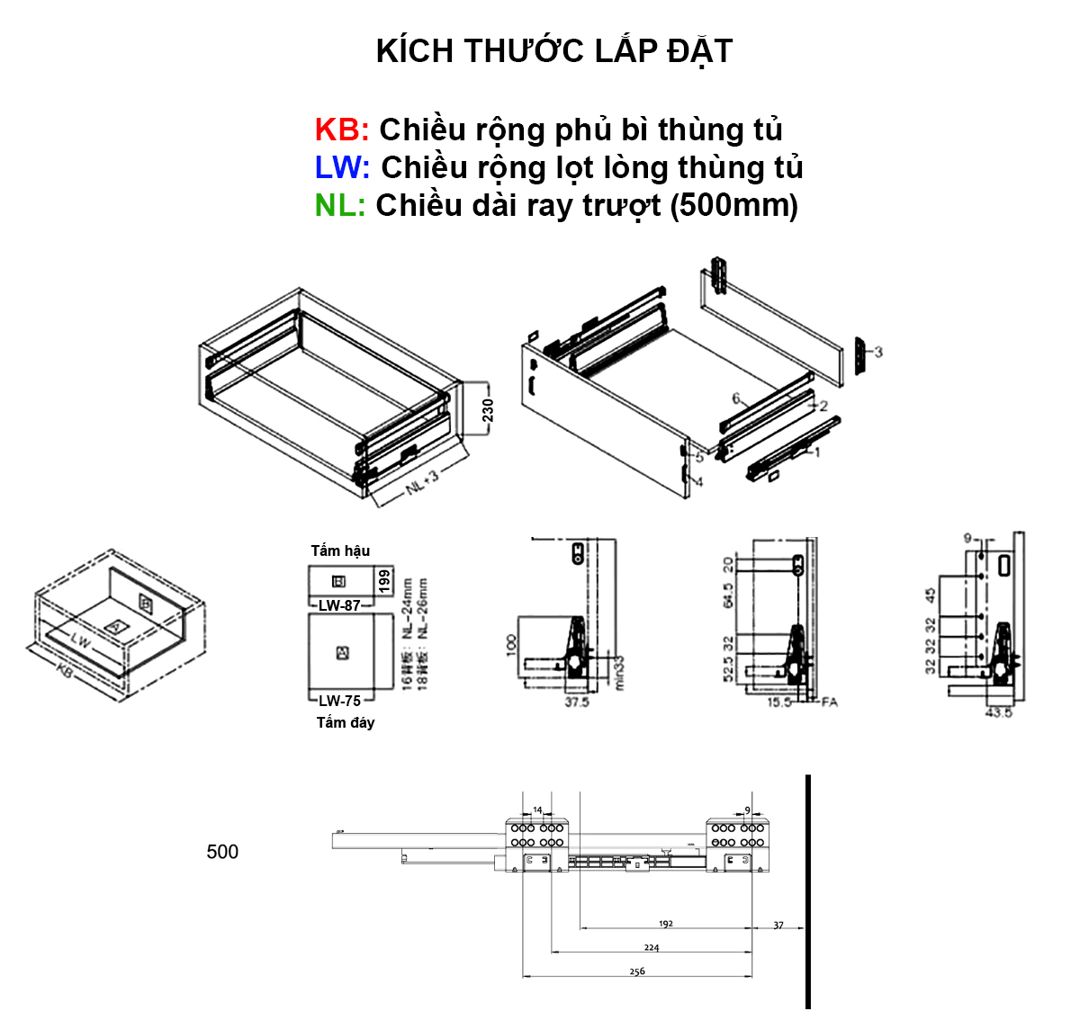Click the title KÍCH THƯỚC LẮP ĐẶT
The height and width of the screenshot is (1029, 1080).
click(553, 51)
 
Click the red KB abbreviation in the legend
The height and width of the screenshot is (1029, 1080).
click(341, 130)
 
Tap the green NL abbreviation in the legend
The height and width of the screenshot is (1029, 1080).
click(339, 205)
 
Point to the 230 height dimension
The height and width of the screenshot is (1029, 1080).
click(488, 410)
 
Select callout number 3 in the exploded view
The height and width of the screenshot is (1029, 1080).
click(878, 352)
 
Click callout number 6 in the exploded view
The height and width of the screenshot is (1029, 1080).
click(736, 398)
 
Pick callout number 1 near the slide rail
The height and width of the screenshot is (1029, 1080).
click(816, 452)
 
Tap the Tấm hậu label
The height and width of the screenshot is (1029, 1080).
click(340, 550)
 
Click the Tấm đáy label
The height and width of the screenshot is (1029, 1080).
click(345, 722)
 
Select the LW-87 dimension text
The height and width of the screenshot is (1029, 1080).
click(339, 605)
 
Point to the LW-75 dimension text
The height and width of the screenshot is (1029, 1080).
click(339, 701)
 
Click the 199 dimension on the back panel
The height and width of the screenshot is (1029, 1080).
click(384, 580)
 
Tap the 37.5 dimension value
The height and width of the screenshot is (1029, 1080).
click(576, 702)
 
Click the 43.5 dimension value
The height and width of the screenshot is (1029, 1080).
click(999, 711)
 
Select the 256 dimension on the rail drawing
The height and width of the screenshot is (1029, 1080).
click(637, 971)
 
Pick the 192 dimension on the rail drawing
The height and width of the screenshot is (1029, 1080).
click(666, 924)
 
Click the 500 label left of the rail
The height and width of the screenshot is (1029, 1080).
click(222, 852)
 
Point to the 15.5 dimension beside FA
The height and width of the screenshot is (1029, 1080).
click(779, 702)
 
